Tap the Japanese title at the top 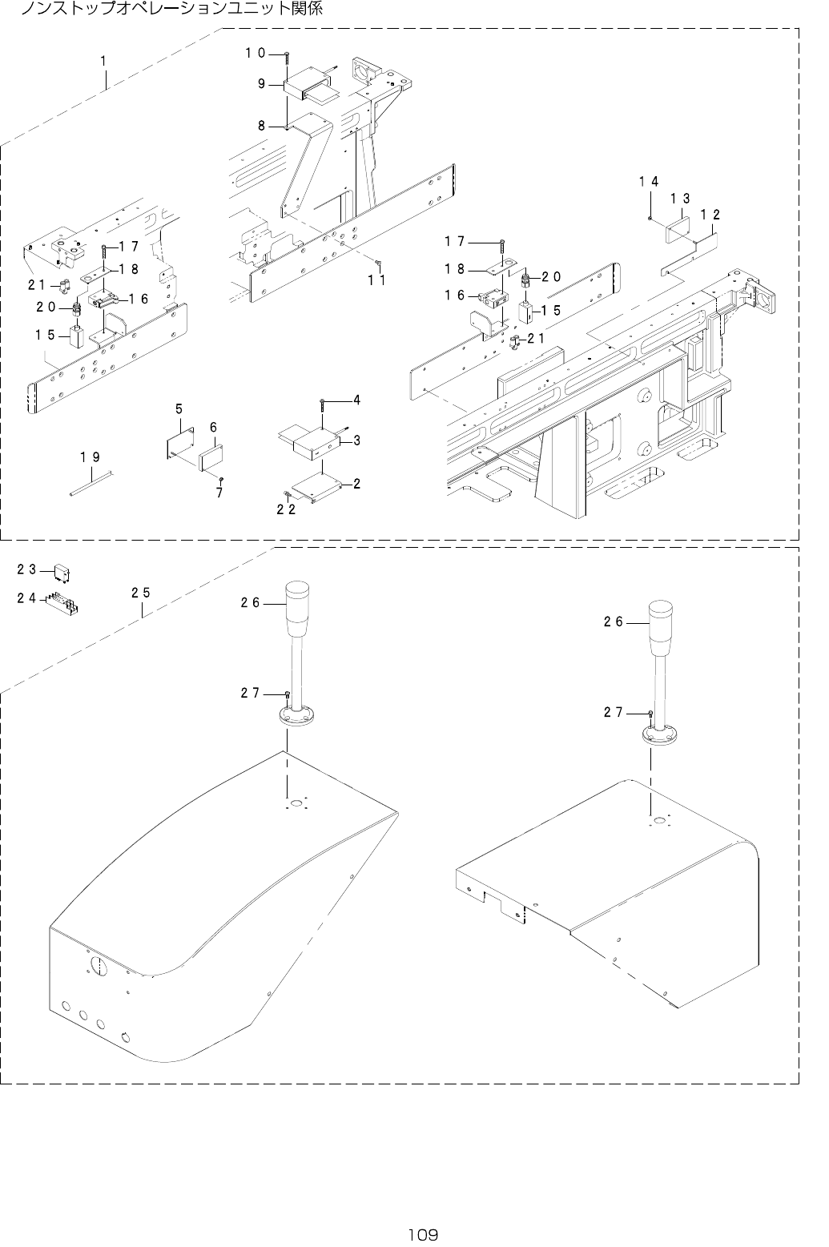coord(172,10)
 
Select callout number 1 coord(104,60)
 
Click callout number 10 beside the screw coord(256,53)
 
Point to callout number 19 coord(91,457)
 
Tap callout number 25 coord(141,593)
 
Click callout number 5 coord(179,409)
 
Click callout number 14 coord(649,182)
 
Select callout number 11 coord(377,280)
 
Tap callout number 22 coord(287,509)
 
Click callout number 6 coord(214,428)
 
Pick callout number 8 coord(261,125)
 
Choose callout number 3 coord(356,440)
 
